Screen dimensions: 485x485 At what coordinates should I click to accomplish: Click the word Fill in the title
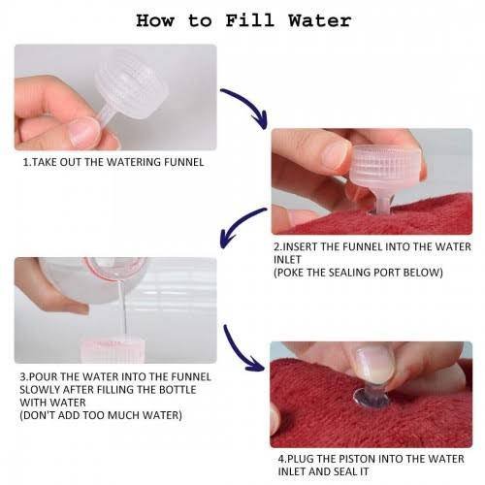pos(250,20)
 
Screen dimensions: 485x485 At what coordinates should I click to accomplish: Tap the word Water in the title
pos(320,20)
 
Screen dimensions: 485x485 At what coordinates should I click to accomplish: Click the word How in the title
pos(155,20)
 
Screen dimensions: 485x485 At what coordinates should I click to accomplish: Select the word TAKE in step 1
pos(45,162)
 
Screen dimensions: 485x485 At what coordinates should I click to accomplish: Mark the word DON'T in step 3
pos(38,415)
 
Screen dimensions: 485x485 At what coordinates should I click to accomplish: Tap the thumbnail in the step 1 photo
pos(84,133)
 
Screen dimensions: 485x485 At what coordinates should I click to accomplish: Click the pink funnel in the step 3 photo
pos(113,350)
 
